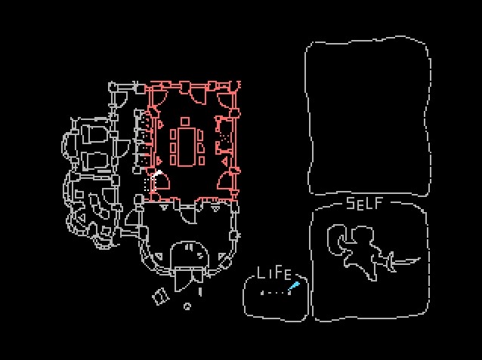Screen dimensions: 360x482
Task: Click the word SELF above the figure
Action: (x=364, y=203)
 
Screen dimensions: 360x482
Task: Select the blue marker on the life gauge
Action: (x=294, y=286)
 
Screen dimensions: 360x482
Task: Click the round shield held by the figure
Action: (x=338, y=241)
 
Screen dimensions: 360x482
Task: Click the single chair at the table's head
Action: (x=185, y=121)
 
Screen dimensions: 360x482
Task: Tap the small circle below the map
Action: (x=187, y=306)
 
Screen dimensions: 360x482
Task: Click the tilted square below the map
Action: (x=160, y=297)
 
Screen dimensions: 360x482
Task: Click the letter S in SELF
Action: (x=351, y=203)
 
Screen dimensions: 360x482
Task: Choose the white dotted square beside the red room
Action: (x=148, y=184)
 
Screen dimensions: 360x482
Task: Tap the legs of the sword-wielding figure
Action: (x=363, y=268)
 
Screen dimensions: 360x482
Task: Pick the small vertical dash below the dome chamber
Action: (x=200, y=291)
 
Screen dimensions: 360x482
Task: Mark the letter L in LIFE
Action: (x=261, y=273)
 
